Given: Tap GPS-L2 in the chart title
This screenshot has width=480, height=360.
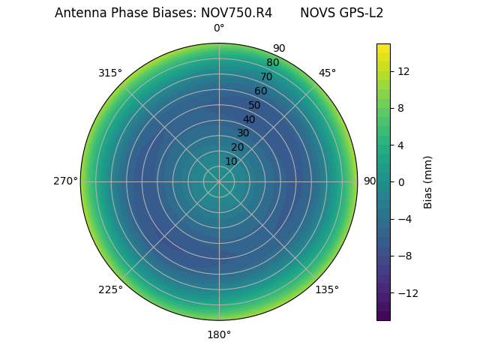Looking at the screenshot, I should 358,13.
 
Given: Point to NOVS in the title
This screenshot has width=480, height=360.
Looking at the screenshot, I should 316,13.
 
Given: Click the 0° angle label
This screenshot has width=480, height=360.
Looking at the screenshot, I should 219,28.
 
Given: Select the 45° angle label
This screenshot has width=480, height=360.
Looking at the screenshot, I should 327,73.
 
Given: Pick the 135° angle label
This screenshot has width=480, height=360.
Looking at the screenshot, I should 327,289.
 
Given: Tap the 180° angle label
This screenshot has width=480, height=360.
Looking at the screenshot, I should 219,334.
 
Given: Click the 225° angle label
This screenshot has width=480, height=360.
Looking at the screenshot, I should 110,289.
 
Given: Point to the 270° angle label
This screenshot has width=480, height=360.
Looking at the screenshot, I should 65,181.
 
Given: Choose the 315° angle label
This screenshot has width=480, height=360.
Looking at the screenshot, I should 110,73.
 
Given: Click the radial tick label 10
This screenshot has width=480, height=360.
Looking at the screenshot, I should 231,161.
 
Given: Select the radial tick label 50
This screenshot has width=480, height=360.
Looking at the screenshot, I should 255,105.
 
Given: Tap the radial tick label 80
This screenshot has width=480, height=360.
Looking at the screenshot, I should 272,63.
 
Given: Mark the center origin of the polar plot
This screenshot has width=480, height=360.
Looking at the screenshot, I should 219,181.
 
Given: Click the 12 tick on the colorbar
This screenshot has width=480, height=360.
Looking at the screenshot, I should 403,71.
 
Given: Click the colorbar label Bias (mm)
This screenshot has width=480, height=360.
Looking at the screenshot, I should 428,181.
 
